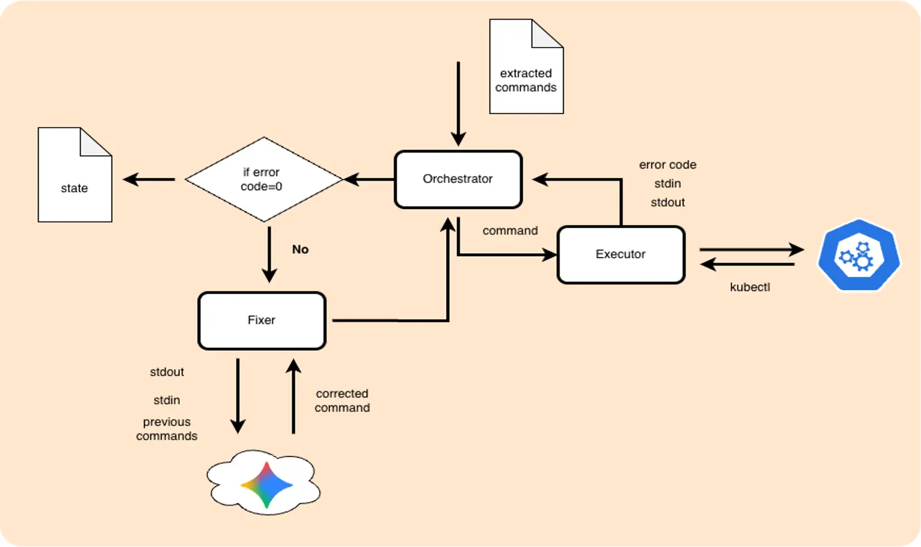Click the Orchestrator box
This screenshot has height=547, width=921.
coord(458,179)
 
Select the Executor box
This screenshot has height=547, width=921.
coord(621,254)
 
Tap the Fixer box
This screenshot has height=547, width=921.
coord(262,321)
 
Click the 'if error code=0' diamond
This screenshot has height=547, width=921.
coord(263,179)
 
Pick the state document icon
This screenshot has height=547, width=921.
coord(75,175)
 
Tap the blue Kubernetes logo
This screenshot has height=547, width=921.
coord(858,256)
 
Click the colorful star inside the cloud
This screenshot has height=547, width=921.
coord(267,484)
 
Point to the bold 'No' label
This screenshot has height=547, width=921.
coord(300,249)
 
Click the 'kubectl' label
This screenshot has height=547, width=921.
coord(750,287)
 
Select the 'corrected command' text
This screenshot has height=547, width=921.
coord(342,401)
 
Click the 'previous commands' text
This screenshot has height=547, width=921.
coord(166,429)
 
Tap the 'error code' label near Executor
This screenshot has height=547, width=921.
coord(667,165)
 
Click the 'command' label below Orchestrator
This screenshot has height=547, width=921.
coord(510,230)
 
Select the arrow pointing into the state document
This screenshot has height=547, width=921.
coord(148,179)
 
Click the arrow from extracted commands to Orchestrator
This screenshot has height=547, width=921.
coord(458,104)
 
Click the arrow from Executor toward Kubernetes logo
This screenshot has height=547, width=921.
coord(751,249)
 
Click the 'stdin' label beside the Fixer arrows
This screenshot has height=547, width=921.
coord(166,400)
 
